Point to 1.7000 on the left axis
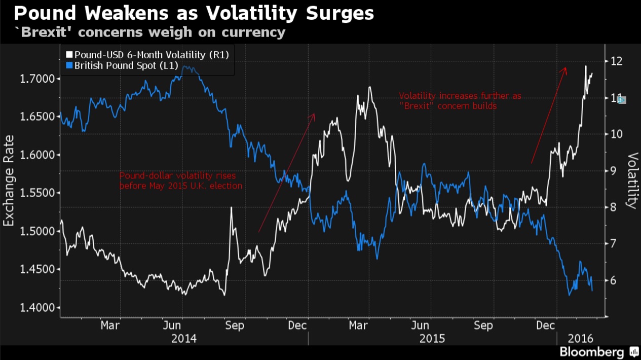37,79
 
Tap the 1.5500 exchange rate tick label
37,193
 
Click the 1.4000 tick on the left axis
37,308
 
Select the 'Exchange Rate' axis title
9,181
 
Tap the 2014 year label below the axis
184,338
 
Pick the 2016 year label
580,338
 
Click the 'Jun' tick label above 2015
420,326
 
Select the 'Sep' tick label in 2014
235,326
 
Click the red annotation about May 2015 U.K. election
181,181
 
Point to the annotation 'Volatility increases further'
460,100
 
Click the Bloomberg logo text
591,351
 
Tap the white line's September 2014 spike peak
232,207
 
